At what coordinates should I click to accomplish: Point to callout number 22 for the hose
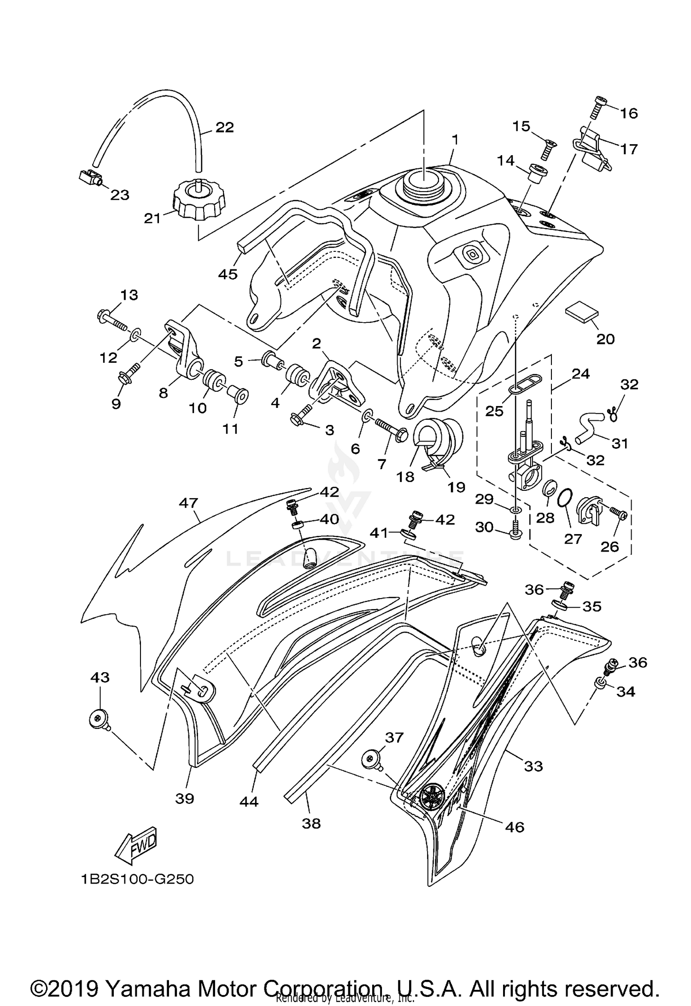[x=224, y=127]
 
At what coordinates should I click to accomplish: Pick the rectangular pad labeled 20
[x=582, y=314]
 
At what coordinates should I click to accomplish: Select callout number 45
[x=228, y=274]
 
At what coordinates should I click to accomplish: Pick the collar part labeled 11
[x=238, y=395]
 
